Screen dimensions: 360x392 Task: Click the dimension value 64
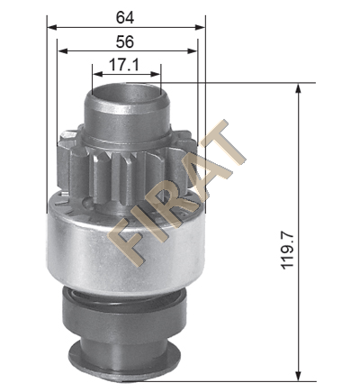click(125, 17)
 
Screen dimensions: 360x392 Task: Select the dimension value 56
click(125, 41)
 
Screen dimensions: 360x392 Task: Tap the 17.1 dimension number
click(124, 65)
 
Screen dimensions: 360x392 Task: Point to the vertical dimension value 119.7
click(287, 251)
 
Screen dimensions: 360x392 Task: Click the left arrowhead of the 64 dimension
click(52, 28)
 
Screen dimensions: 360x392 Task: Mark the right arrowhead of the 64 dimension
click(200, 28)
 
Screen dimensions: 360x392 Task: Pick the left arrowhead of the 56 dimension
click(62, 51)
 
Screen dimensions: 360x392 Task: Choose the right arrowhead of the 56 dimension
click(193, 51)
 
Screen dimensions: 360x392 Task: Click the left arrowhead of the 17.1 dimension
click(97, 74)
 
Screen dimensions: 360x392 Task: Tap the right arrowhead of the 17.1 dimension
click(156, 74)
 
